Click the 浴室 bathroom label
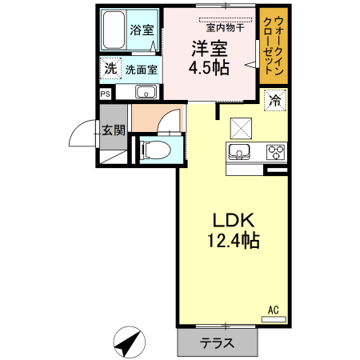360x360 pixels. click(142, 30)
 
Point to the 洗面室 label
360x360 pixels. click(141, 70)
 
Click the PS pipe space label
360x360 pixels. click(106, 93)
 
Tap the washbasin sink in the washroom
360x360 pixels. click(145, 93)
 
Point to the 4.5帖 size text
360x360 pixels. click(209, 67)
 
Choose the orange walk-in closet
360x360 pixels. click(271, 45)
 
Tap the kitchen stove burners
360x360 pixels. click(276, 151)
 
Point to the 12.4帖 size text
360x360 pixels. click(233, 240)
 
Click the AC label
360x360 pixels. click(274, 308)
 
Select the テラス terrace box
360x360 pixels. click(217, 343)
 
